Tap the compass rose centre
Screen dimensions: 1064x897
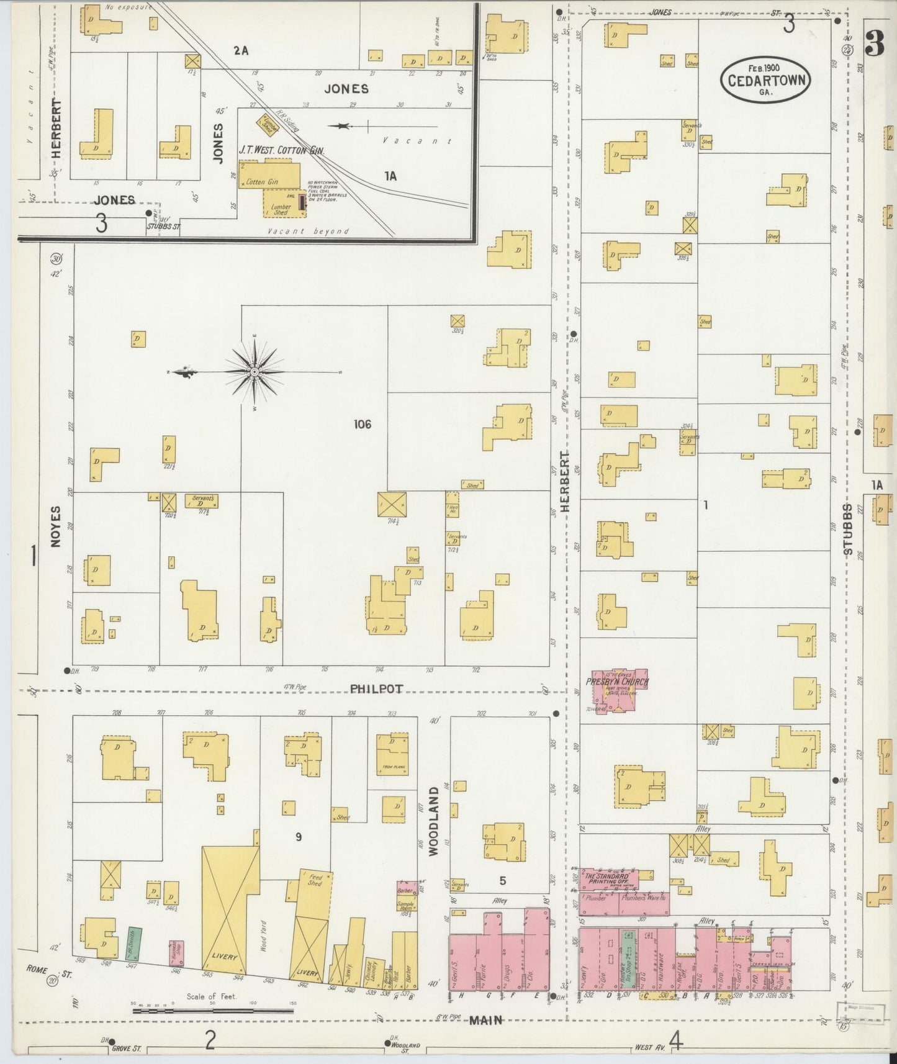click(255, 371)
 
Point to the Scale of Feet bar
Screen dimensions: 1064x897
click(213, 1011)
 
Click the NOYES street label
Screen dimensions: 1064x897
click(56, 526)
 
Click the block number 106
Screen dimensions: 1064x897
click(362, 425)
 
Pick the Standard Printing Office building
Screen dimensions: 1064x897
click(608, 877)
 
